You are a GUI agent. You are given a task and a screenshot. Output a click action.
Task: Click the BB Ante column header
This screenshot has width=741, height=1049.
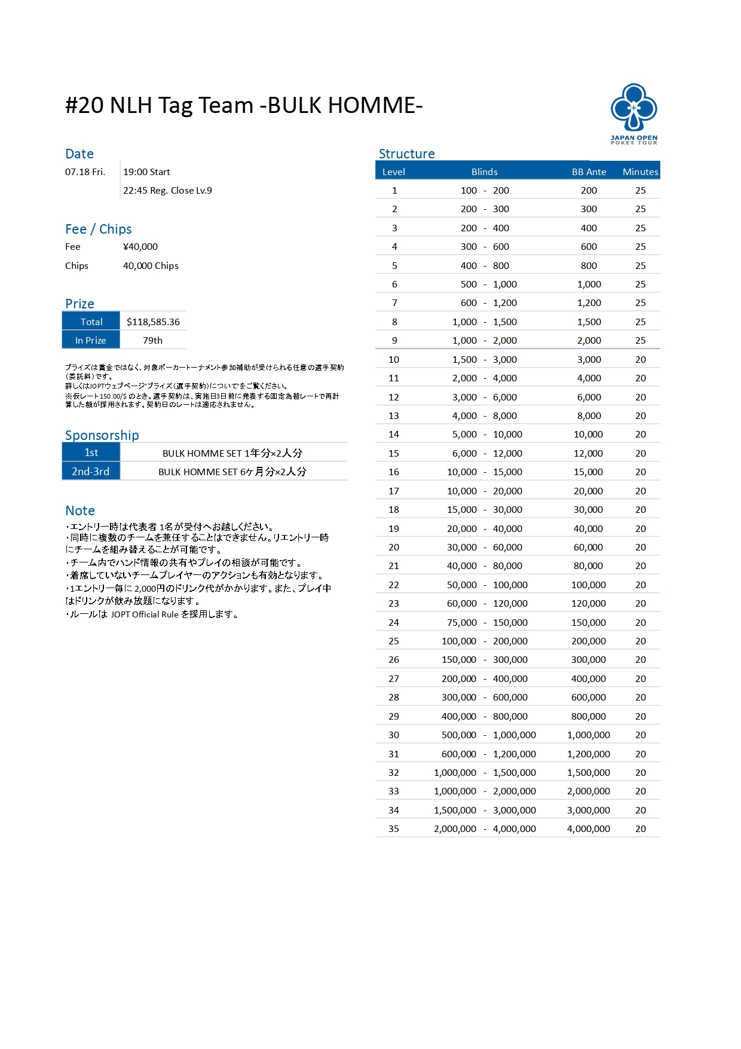pyautogui.click(x=589, y=172)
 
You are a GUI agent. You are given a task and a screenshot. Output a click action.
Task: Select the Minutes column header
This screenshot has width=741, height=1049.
pyautogui.click(x=640, y=172)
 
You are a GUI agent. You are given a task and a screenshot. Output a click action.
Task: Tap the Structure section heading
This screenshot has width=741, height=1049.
pyautogui.click(x=406, y=154)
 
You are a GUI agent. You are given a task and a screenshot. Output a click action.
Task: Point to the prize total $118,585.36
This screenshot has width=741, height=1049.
pyautogui.click(x=153, y=322)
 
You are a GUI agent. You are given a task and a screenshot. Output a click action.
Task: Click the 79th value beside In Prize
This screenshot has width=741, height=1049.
pyautogui.click(x=152, y=340)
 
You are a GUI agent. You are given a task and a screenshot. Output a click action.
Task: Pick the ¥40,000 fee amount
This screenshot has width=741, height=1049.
pyautogui.click(x=140, y=246)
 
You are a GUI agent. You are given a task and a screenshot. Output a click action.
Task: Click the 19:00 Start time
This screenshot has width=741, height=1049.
pyautogui.click(x=146, y=172)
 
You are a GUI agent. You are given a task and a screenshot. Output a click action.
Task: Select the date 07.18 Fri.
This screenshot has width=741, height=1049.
pyautogui.click(x=85, y=172)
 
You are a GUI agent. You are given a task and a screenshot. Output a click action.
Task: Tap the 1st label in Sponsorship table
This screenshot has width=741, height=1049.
pyautogui.click(x=91, y=452)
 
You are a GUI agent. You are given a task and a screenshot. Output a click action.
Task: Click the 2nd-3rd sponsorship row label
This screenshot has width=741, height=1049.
pyautogui.click(x=91, y=471)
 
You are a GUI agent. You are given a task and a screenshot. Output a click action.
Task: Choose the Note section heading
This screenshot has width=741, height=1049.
pyautogui.click(x=80, y=510)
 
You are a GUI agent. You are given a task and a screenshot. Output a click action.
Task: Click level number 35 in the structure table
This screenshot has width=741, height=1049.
pyautogui.click(x=394, y=828)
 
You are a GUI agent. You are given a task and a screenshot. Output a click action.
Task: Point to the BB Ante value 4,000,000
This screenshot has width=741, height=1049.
pyautogui.click(x=589, y=828)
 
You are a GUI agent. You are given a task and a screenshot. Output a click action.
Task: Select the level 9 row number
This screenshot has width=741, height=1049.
pyautogui.click(x=394, y=340)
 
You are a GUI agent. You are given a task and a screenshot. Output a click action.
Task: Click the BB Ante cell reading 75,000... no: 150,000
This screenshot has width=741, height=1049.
pyautogui.click(x=589, y=622)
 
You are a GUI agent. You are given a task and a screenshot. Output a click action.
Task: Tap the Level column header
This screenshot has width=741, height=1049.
pyautogui.click(x=394, y=172)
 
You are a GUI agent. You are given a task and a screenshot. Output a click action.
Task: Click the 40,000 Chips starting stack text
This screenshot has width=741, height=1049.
pyautogui.click(x=151, y=265)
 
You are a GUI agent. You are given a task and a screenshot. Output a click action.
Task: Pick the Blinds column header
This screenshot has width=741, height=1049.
pyautogui.click(x=484, y=172)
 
